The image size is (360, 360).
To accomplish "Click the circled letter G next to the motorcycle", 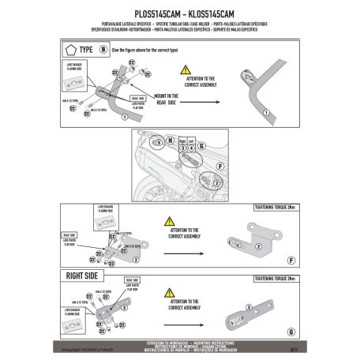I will point(200,145).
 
